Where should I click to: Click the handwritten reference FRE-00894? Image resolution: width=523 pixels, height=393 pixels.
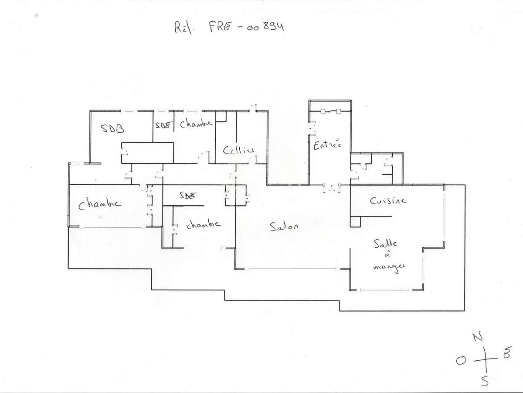[x=229, y=28]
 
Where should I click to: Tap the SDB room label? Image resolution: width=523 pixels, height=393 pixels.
[x=112, y=128]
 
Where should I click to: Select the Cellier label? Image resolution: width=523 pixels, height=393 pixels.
[x=238, y=151]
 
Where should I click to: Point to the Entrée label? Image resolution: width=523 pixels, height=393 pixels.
[x=327, y=145]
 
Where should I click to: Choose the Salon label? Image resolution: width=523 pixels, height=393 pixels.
[x=284, y=227]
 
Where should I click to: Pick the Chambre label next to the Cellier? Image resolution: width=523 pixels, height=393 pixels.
[x=196, y=124]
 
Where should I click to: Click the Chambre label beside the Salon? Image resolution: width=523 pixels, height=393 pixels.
[x=203, y=224]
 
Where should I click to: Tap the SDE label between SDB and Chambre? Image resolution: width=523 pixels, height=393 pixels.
[x=162, y=125]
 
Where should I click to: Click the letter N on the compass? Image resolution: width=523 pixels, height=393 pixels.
[x=478, y=337]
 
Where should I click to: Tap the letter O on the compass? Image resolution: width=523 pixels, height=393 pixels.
[x=461, y=359]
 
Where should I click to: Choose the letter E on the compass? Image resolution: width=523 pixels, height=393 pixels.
[x=506, y=355]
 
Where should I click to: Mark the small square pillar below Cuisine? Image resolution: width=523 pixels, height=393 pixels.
[x=356, y=221]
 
